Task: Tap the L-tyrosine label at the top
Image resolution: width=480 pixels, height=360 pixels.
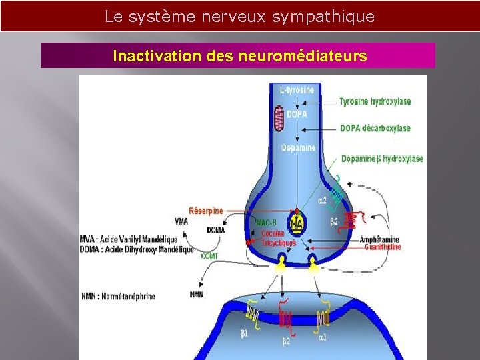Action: pos(297,89)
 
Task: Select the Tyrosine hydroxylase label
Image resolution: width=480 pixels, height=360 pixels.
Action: pos(375,102)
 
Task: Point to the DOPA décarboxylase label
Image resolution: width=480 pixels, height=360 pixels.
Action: pos(375,128)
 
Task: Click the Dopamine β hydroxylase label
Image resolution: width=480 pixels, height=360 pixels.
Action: pos(382,159)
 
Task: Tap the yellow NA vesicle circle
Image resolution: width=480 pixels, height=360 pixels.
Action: pos(296,223)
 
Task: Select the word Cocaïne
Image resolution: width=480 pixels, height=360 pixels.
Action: pos(273,234)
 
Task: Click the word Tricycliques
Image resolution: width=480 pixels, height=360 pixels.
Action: pos(278,243)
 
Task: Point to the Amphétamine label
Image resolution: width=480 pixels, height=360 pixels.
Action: pos(380,239)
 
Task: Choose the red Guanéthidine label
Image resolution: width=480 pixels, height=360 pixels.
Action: pos(383,247)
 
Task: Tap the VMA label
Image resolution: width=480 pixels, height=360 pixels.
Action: pos(181,221)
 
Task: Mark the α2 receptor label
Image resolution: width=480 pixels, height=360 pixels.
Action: pos(322,199)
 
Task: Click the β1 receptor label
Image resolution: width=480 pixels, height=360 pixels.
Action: pos(245,333)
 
